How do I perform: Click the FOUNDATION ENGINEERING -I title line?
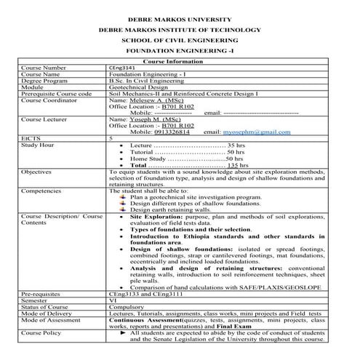[180, 52]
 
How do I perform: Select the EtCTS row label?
[31, 139]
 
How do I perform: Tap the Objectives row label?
[36, 172]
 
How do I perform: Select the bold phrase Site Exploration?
[156, 216]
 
